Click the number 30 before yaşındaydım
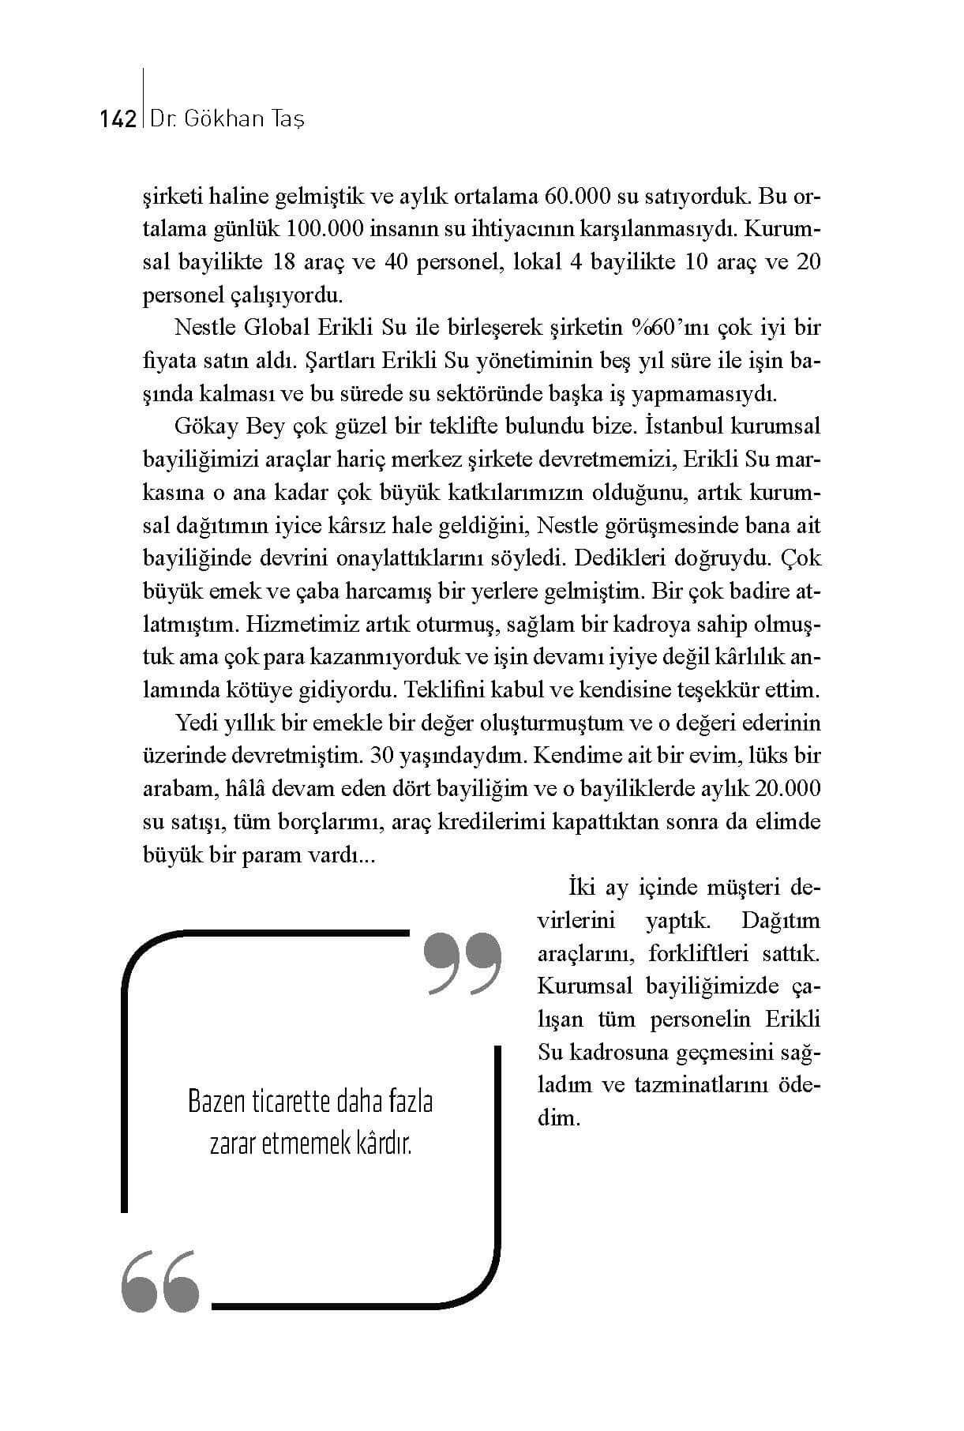point(382,756)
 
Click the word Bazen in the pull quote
point(217,1102)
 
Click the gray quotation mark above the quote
point(463,963)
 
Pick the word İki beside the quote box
point(581,888)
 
